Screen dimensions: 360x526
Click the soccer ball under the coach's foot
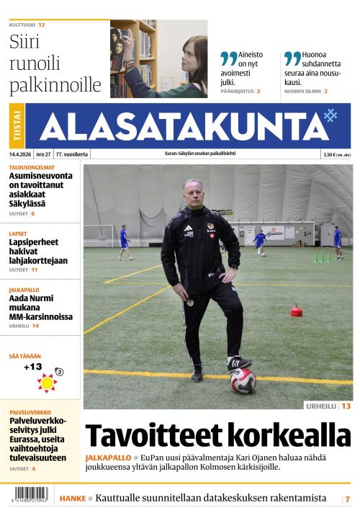coord(243,380)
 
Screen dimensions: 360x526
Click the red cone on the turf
coord(296,311)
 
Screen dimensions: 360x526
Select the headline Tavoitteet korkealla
coord(217,435)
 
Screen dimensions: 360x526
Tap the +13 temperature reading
coord(32,367)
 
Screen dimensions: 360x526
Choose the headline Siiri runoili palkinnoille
coord(55,63)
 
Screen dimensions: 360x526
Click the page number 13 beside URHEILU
coord(346,406)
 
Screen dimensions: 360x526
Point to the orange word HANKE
coord(73,499)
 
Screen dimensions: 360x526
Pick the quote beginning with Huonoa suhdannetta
coord(314,68)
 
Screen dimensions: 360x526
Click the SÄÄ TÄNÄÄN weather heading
coord(25,356)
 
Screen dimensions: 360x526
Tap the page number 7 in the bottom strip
coord(347,499)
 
